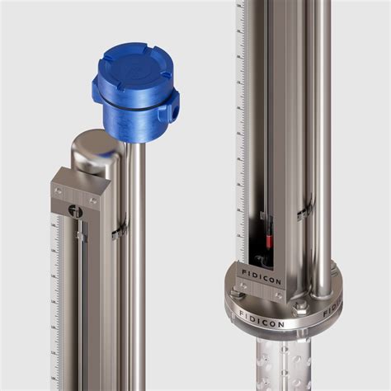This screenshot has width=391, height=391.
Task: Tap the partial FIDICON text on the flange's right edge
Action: (x=333, y=308)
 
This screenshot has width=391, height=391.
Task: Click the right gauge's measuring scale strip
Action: (x=240, y=124)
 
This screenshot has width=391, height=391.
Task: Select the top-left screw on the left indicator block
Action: (x=57, y=191)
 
